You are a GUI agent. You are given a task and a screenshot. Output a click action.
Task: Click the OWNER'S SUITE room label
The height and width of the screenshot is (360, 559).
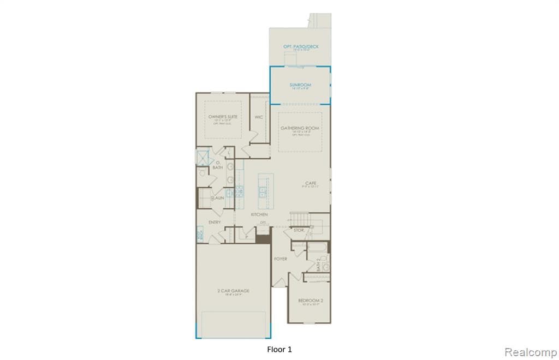[223, 117]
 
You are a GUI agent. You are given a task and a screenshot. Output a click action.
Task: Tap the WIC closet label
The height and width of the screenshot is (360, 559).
[259, 117]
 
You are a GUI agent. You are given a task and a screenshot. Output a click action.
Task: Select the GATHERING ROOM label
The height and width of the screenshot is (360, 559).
[300, 128]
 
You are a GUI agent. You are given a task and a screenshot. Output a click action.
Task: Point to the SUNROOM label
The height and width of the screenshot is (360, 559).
[300, 85]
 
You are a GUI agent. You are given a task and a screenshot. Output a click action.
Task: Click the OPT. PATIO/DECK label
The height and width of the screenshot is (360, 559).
[300, 47]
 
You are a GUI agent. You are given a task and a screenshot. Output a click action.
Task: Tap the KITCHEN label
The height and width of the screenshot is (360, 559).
[259, 214]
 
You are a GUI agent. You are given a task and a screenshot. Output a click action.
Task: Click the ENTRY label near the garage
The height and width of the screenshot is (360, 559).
[215, 223]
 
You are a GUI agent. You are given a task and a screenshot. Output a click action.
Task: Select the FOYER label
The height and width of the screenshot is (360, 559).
[281, 259]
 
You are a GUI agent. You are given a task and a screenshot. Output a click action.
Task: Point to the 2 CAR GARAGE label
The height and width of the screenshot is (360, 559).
[233, 291]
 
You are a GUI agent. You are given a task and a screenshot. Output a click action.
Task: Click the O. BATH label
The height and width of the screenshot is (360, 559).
[217, 165]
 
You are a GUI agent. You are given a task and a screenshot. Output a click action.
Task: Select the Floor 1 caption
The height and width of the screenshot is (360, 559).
[279, 349]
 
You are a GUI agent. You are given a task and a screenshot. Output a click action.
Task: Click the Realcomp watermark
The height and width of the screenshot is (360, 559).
[530, 352]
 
